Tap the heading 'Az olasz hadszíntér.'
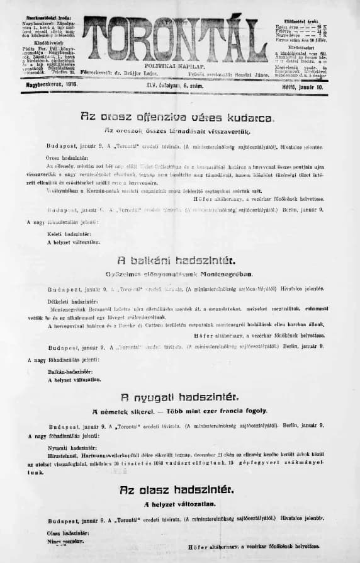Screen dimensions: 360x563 pos(179,489)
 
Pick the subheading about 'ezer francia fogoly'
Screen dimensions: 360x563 pos(180,411)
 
